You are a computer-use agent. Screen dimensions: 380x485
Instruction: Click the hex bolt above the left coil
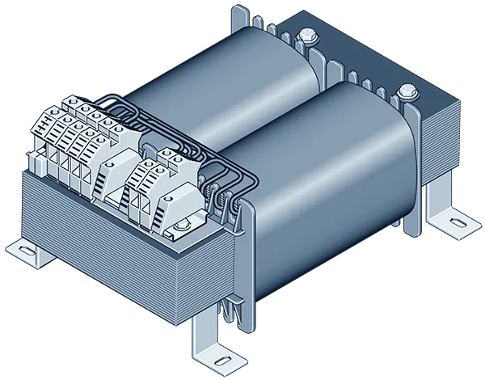click(307, 36)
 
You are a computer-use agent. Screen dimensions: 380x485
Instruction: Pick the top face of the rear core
click(356, 49)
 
